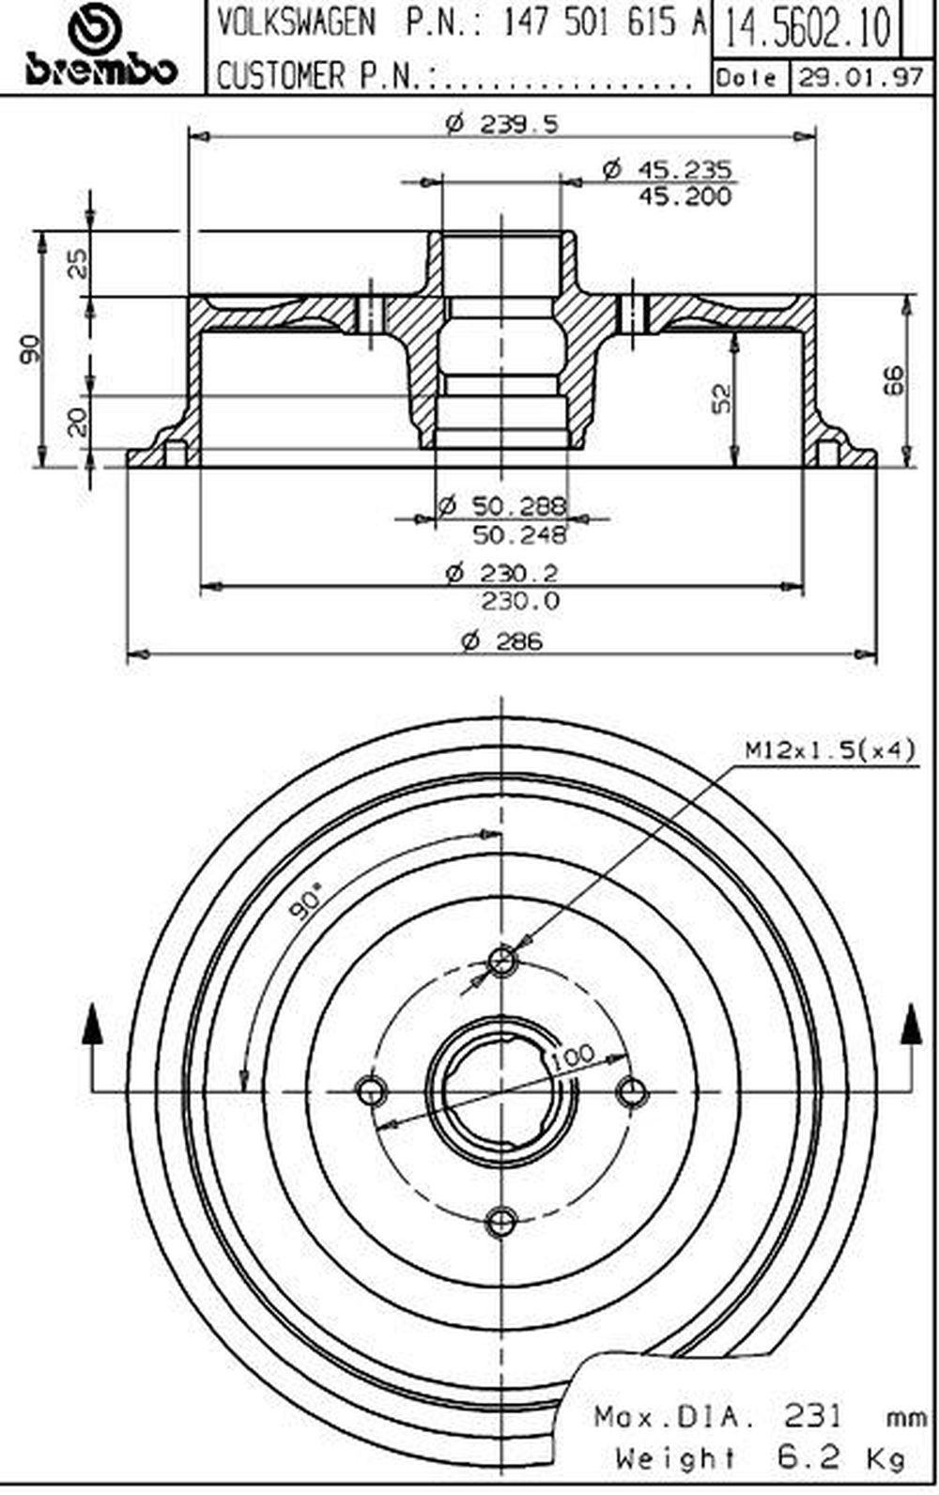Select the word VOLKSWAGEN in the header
click(x=297, y=24)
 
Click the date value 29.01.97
click(x=861, y=78)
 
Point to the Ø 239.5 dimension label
click(x=501, y=124)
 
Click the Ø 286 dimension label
click(x=501, y=641)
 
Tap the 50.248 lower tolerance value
click(x=519, y=534)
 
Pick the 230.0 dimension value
click(x=521, y=601)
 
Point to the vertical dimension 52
click(x=723, y=398)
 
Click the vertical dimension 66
click(x=896, y=379)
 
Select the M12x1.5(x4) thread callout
click(x=830, y=750)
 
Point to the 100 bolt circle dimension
click(x=573, y=1055)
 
